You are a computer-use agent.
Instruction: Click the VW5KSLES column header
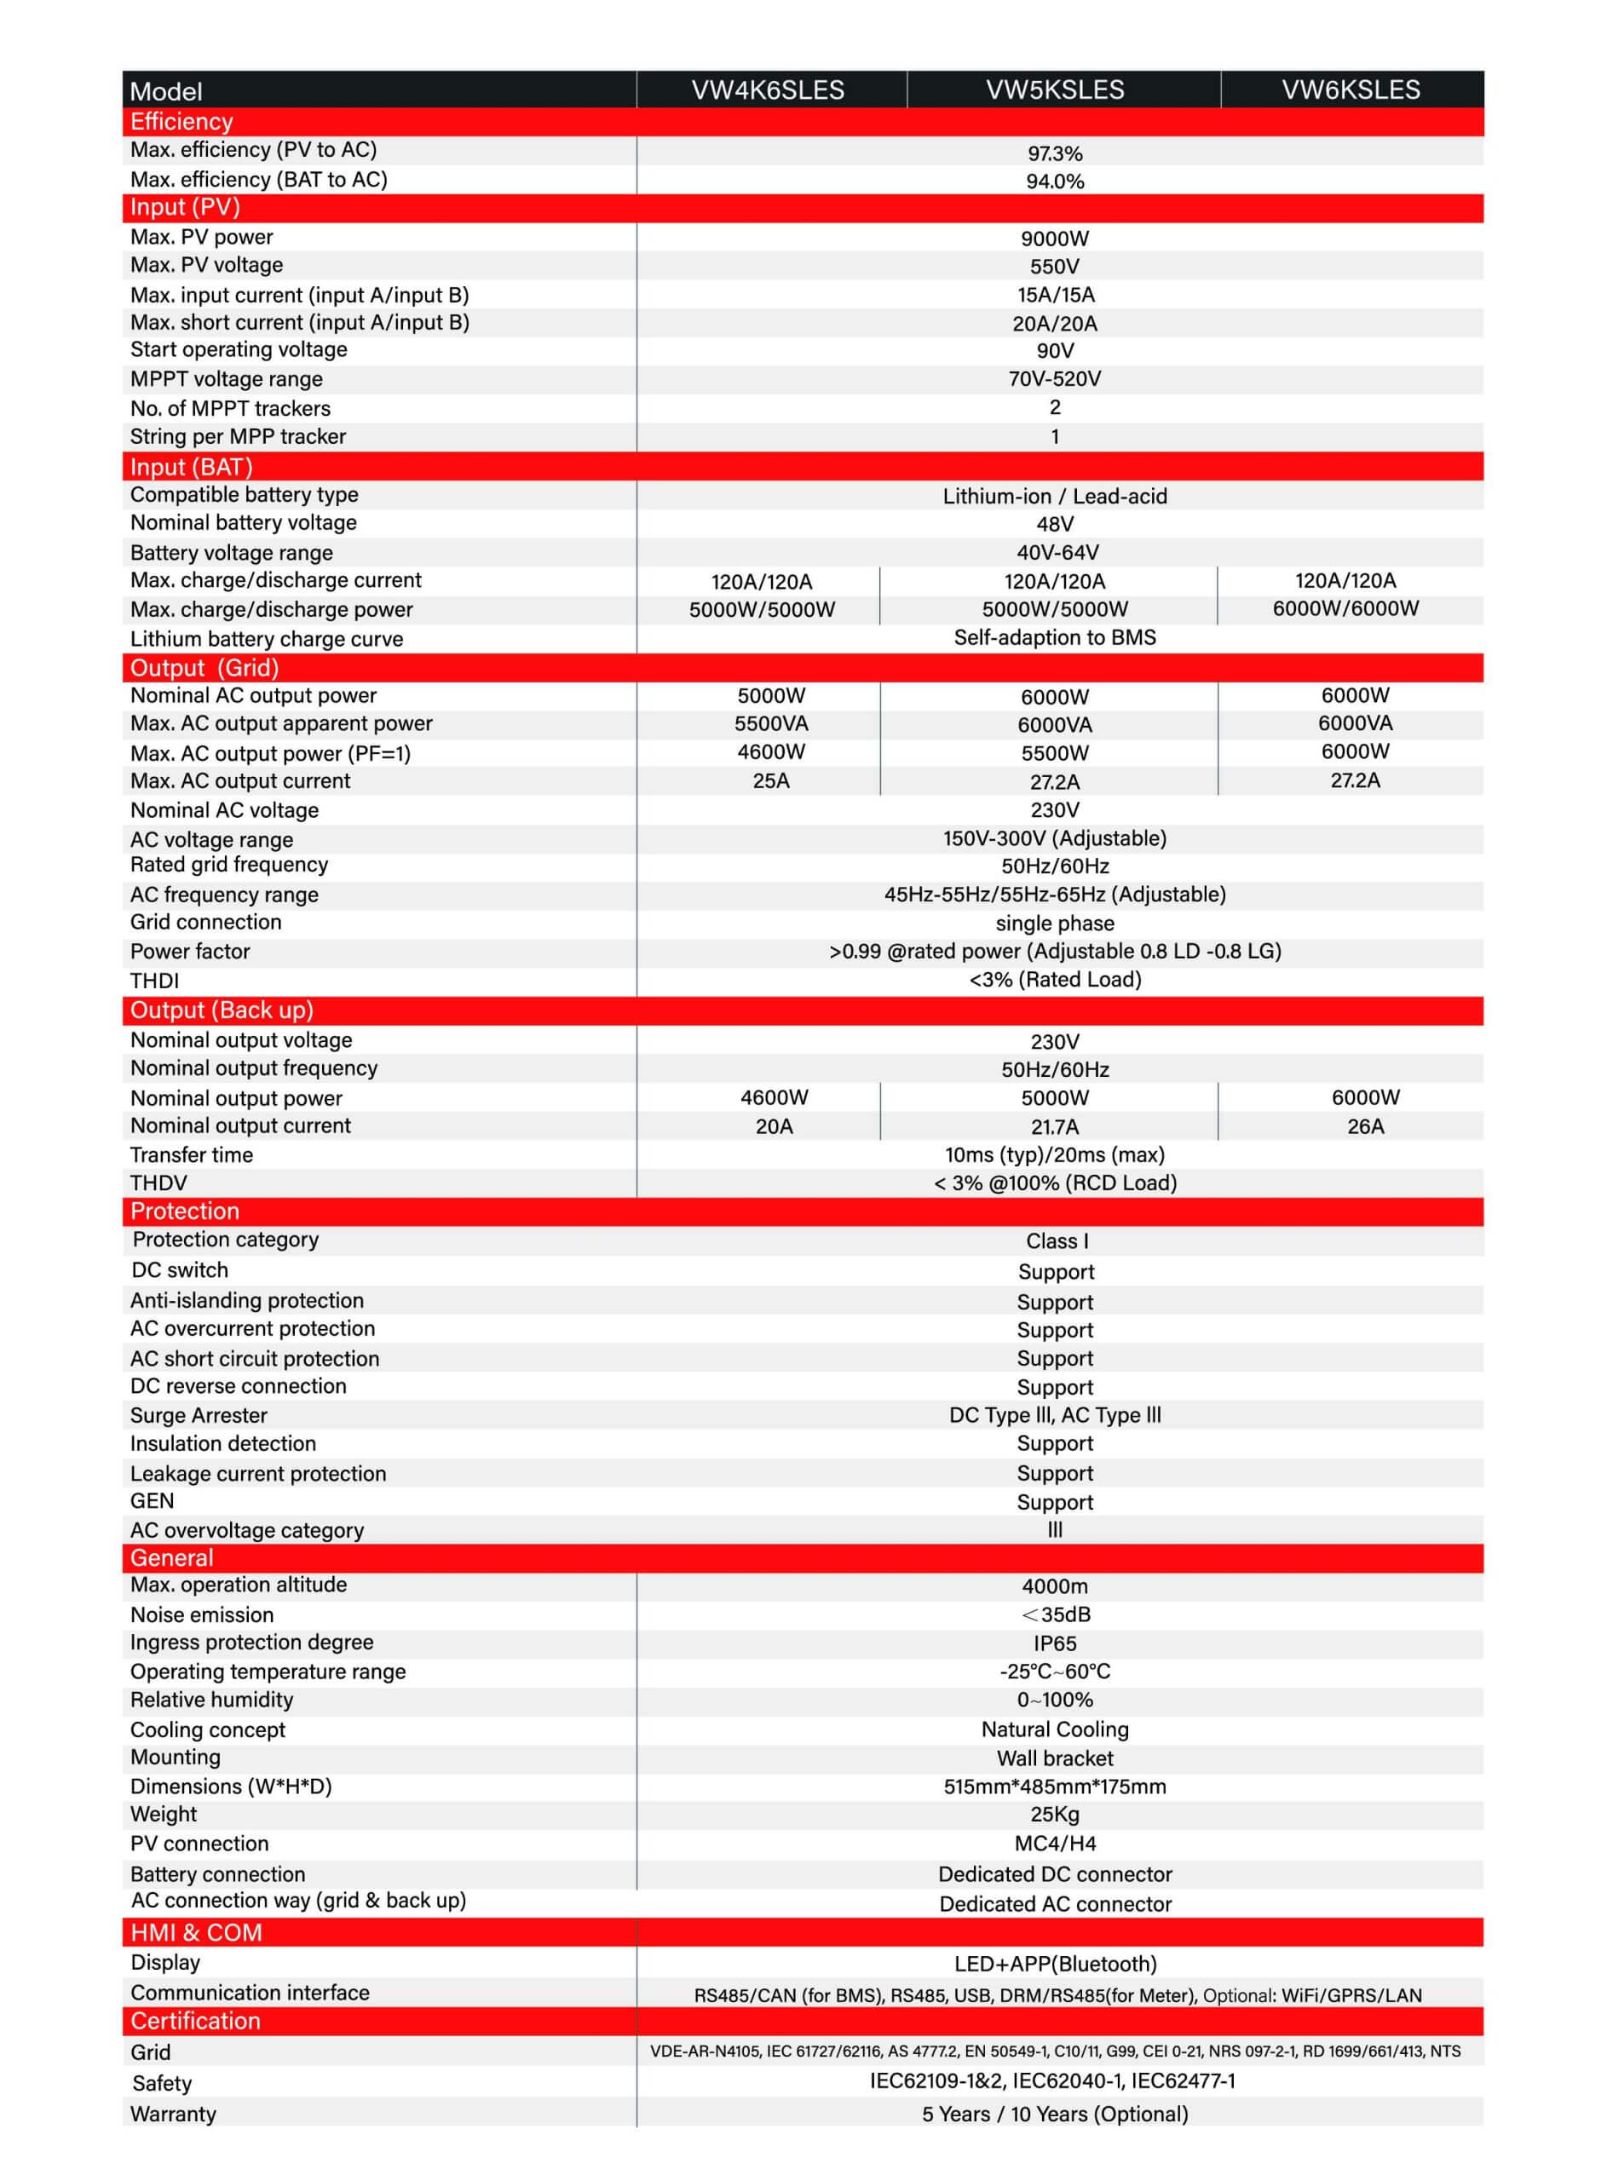pos(1055,89)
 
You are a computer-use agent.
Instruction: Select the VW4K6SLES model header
pos(768,90)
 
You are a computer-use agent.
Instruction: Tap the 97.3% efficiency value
pos(1055,153)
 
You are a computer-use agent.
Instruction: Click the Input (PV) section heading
pos(185,207)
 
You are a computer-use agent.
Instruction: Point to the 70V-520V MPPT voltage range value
pos(1055,379)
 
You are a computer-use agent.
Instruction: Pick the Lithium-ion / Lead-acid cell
pos(1055,496)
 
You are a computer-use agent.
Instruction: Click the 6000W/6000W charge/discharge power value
pos(1345,608)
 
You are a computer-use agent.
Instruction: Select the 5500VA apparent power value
pos(770,723)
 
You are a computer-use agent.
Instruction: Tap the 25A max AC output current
pos(770,780)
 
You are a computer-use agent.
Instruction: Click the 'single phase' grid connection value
pos(1055,923)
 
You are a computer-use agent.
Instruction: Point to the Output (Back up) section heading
pos(222,1010)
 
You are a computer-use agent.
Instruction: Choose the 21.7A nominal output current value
pos(1055,1127)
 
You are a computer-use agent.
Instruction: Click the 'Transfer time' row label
pos(192,1155)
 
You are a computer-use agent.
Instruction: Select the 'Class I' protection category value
pos(1057,1241)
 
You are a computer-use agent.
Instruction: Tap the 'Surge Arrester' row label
pos(199,1416)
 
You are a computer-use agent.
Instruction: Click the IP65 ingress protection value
pos(1055,1643)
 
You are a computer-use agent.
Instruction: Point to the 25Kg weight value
pos(1055,1815)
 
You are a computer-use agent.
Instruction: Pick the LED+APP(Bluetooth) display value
pos(1055,1964)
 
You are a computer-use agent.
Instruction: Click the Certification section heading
pos(195,2021)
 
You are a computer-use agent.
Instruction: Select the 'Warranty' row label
pos(173,2114)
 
